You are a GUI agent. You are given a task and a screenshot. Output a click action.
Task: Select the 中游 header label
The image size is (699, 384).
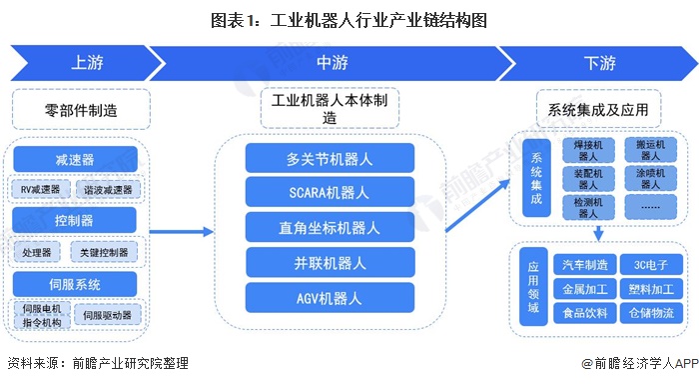click(333, 63)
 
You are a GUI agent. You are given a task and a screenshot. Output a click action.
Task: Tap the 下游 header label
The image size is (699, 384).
click(599, 63)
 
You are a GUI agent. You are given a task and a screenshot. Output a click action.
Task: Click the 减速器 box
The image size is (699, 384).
click(75, 159)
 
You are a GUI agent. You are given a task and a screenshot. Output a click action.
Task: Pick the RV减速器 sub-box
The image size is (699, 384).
click(40, 189)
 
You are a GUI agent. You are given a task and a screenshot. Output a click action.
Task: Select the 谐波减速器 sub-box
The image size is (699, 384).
click(108, 190)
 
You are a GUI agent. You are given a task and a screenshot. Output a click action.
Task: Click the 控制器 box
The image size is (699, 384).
click(74, 220)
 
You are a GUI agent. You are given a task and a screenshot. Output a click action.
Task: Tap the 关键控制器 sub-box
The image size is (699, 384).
click(104, 252)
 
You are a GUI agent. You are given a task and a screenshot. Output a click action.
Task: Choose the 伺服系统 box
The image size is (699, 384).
click(75, 284)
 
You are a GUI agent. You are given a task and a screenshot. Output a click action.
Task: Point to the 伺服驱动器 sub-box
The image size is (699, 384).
click(108, 315)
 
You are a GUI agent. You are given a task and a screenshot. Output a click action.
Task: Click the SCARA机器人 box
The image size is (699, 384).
click(330, 192)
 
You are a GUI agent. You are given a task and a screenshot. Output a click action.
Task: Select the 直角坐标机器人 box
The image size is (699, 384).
click(330, 228)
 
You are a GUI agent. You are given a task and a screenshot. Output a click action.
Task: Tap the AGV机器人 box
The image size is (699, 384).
click(330, 298)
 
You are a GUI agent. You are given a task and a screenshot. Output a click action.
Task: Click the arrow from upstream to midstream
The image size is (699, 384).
click(182, 232)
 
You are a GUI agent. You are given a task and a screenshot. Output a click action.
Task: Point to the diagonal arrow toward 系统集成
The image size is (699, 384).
click(477, 205)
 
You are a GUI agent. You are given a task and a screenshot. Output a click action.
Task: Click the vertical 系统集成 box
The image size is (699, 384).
click(536, 178)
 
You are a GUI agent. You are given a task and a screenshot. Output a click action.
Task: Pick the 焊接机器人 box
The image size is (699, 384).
click(588, 150)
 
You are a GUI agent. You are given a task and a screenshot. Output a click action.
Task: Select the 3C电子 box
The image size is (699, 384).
click(651, 265)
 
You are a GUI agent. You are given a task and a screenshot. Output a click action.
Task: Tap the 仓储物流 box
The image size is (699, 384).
click(651, 313)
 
